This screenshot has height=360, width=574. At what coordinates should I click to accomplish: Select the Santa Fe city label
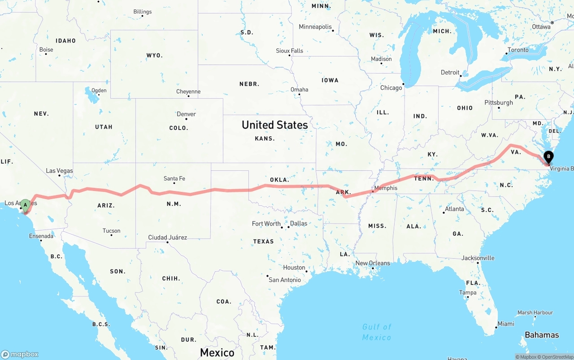coord(174,178)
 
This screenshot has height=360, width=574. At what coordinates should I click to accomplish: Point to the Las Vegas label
coord(59,171)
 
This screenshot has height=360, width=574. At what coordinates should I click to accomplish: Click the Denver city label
coord(186,114)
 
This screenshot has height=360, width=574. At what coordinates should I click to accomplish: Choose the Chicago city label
coord(391,88)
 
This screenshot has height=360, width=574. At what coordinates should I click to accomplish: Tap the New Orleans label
coord(373,263)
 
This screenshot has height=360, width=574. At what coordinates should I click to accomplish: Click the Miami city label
coord(506,324)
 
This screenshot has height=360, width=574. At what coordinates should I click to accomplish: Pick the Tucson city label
coord(111,231)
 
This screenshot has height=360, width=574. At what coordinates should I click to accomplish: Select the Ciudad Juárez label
coord(168,237)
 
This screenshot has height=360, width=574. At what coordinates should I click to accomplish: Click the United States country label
coord(274,125)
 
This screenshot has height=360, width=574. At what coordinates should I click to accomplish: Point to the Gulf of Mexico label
coord(377,332)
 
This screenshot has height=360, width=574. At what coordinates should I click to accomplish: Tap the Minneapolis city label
coord(315,27)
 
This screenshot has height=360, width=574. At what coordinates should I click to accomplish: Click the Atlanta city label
coord(454,209)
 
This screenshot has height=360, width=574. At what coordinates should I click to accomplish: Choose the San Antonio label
coord(285,280)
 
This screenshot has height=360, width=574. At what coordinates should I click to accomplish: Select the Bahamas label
coord(542,335)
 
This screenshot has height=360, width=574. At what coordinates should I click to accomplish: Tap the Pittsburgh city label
coord(498,103)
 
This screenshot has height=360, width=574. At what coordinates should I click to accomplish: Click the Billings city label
coord(143,12)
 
